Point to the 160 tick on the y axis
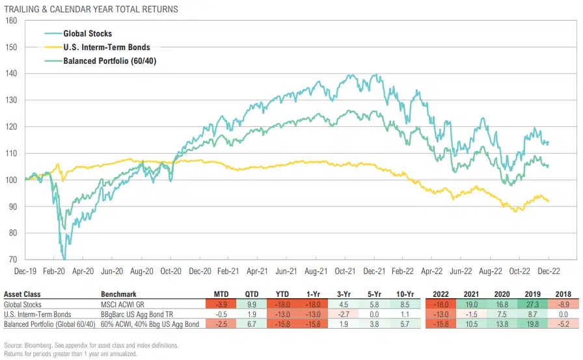tap(11, 20)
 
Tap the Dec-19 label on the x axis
tap(25, 270)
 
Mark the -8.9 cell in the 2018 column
tap(560, 303)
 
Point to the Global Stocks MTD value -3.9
tap(222, 303)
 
